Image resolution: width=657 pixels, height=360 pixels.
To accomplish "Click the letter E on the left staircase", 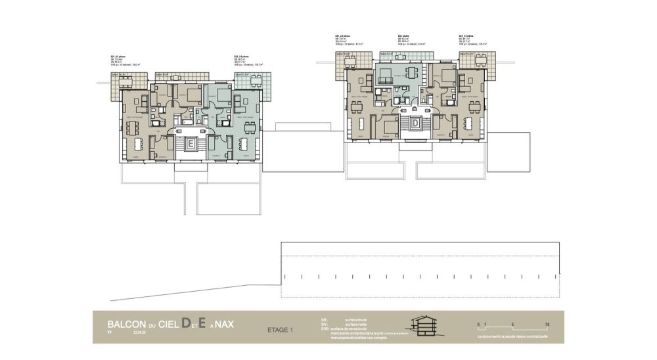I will [x=191, y=142].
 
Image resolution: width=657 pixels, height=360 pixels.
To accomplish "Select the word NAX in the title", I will [x=224, y=325].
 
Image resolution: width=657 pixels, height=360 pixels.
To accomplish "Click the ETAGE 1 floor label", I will [x=282, y=330].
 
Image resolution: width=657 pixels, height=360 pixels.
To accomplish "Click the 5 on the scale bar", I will [x=512, y=325].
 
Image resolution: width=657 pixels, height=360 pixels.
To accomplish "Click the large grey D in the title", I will [x=186, y=323].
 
